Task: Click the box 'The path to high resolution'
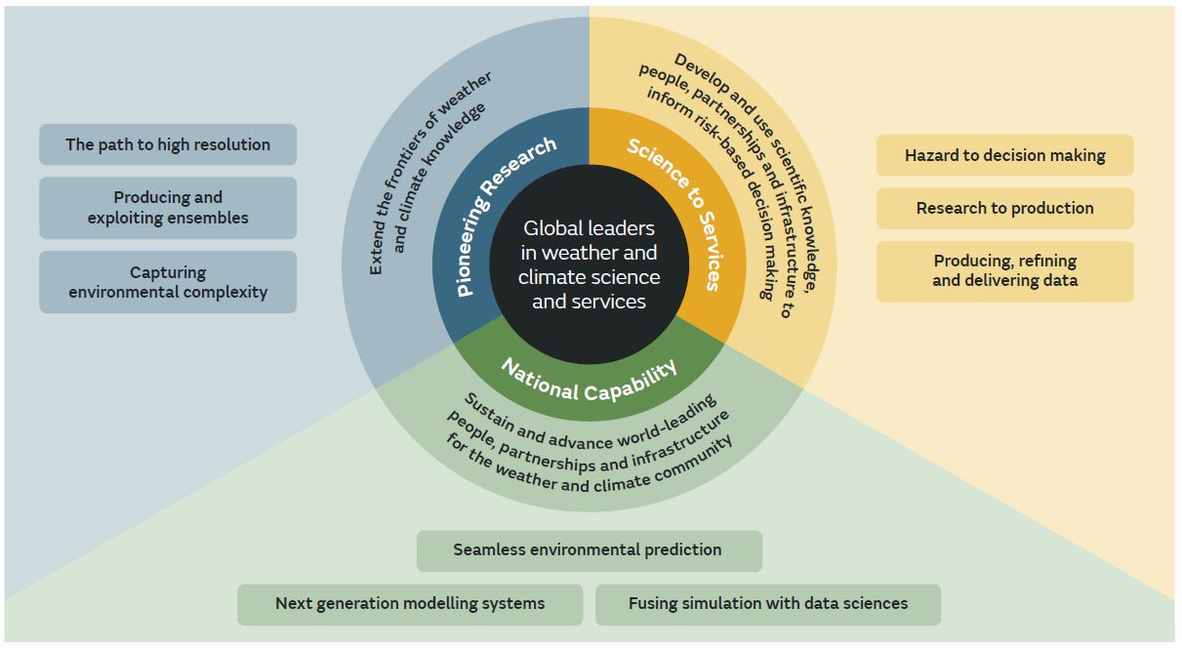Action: (x=168, y=144)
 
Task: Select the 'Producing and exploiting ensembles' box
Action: (x=168, y=208)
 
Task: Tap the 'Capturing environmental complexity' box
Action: (x=168, y=282)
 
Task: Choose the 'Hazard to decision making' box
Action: (x=1004, y=155)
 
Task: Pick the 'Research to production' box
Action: (x=1004, y=208)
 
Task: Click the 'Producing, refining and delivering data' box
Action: (x=1004, y=270)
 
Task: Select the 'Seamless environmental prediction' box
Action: (x=588, y=550)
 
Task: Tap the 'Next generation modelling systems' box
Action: (x=410, y=604)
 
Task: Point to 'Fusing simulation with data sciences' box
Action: (x=767, y=604)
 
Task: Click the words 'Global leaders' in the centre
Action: (x=589, y=228)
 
